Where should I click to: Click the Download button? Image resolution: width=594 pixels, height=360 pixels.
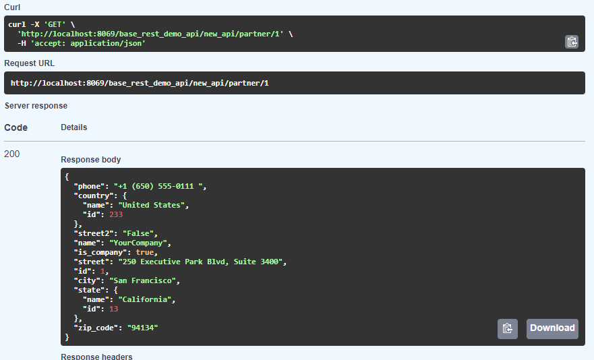coord(552,328)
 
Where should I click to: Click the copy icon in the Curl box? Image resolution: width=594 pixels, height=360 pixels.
coord(572,42)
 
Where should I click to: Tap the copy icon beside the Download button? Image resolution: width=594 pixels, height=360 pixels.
coord(508,329)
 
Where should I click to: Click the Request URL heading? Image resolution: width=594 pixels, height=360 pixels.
coord(30,63)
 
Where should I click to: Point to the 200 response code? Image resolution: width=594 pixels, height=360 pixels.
coord(12,154)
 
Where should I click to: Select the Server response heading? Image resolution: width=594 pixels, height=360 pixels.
coord(36,106)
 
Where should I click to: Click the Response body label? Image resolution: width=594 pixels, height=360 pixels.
coord(90,160)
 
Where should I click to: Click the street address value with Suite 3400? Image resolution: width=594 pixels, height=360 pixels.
coord(203,262)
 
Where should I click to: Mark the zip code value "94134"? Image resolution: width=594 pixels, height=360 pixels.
coord(142,328)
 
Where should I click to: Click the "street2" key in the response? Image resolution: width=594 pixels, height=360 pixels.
coord(93,233)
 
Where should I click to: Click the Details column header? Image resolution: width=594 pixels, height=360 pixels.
coord(73,127)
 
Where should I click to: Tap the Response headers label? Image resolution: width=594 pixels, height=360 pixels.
coord(96,356)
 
